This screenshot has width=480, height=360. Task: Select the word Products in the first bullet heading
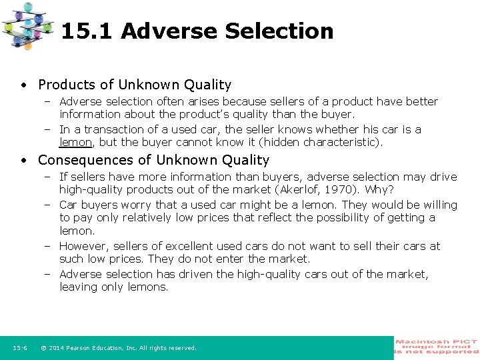tap(66, 85)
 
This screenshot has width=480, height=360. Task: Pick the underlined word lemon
tap(75, 142)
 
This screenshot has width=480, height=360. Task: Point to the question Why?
tap(379, 189)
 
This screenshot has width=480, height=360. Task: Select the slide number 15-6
tap(19, 348)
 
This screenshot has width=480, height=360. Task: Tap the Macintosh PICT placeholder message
tap(437, 347)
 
